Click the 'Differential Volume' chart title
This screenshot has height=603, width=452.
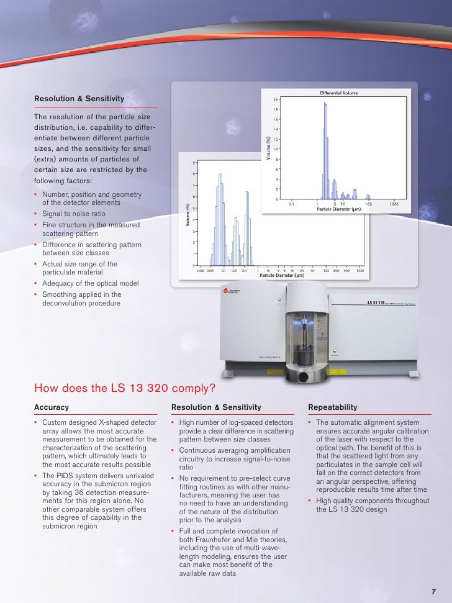click(338, 93)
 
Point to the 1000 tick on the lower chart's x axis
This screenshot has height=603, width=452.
click(360, 271)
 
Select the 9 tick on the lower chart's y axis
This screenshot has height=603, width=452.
click(194, 163)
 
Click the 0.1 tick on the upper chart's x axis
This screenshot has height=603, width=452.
click(291, 203)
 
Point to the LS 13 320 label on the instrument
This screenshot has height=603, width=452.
click(377, 302)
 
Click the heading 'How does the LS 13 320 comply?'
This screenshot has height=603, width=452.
click(125, 389)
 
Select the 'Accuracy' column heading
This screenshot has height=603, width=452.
click(51, 407)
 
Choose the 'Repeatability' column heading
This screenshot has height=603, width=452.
click(332, 407)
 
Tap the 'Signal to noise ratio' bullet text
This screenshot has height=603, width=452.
click(73, 214)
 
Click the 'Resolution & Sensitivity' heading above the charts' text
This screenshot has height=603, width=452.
click(79, 99)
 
